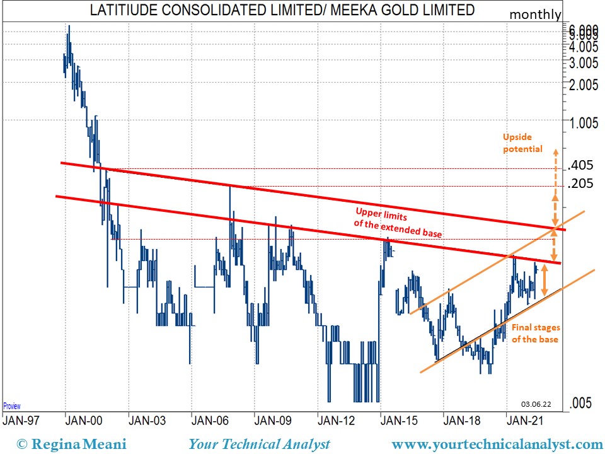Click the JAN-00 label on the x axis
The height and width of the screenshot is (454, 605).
pos(84,419)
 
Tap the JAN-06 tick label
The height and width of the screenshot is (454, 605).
pos(210,419)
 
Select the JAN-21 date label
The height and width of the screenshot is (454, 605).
pos(526,419)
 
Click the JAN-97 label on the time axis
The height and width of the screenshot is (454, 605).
pos(22,419)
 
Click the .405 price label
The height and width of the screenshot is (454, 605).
pos(580,166)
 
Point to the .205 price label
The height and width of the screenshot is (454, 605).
pos(580,184)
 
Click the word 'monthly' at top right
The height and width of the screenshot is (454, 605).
pos(534,15)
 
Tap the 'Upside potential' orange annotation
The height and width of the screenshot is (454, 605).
pos(522,143)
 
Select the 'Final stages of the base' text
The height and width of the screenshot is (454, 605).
pos(535,334)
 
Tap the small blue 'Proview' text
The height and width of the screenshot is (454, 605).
pos(12,406)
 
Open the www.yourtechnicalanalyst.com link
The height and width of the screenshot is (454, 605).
pos(497,444)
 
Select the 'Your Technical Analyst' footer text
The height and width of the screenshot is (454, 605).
pos(259,444)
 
